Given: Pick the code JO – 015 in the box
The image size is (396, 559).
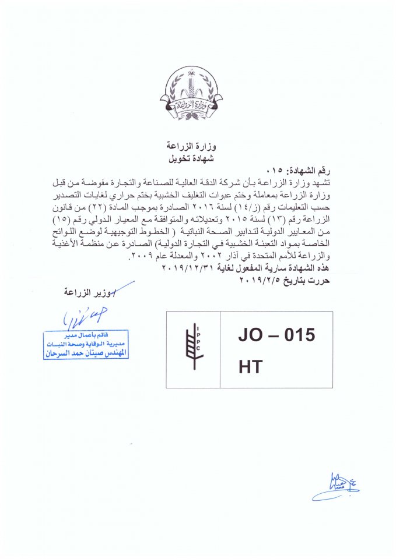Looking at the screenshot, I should pos(276,336).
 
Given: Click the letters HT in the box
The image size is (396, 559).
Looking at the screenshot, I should pos(251,366).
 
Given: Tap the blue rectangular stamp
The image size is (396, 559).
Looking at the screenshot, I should pos(86,345).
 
